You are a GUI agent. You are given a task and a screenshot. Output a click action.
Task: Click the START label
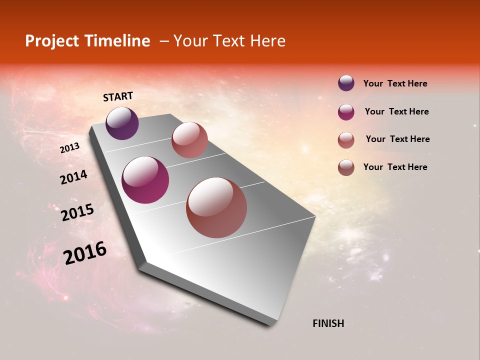tap(118, 96)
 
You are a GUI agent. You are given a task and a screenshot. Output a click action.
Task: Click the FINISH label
tap(328, 323)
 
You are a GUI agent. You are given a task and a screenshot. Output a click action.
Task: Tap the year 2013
tap(69, 148)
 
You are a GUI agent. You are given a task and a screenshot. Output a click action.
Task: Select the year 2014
tap(73, 177)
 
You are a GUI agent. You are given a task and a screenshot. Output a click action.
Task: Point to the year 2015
tap(77, 212)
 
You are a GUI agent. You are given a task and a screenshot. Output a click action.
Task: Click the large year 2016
tap(85, 252)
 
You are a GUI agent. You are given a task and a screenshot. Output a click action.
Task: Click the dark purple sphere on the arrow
tap(122, 123)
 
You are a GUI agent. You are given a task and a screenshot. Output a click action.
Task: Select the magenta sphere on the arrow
tap(145, 180)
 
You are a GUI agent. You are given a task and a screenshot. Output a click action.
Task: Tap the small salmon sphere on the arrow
tap(189, 140)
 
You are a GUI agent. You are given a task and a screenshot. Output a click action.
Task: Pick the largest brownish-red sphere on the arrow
tap(216, 207)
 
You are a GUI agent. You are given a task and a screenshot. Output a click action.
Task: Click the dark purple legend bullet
tap(346, 83)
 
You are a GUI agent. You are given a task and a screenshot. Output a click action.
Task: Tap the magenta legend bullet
tap(346, 111)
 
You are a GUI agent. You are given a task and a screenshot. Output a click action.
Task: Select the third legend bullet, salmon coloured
tap(346, 139)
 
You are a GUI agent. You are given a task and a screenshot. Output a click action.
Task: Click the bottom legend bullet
tap(346, 167)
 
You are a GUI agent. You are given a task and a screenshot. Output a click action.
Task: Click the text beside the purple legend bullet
tap(395, 83)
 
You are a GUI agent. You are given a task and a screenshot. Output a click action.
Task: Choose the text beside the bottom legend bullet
tap(395, 167)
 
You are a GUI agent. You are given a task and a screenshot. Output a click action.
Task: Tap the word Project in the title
tap(52, 41)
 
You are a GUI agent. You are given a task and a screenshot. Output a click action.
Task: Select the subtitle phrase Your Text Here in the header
tap(229, 41)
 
